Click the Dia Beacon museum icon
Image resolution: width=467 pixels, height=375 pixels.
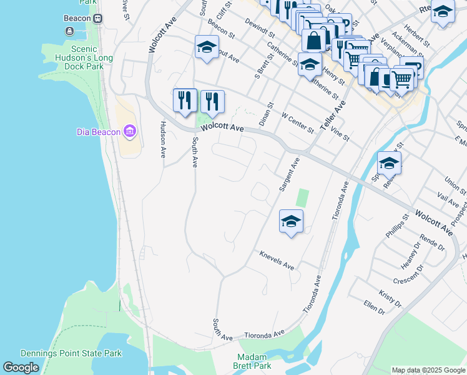130,131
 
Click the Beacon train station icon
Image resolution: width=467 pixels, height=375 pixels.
98,18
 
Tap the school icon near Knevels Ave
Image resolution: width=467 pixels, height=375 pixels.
291,221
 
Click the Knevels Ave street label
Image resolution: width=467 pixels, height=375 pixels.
277,262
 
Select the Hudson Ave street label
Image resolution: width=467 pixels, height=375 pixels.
162,139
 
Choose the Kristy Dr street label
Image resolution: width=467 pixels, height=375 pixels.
390,298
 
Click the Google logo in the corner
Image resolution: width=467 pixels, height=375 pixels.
21,367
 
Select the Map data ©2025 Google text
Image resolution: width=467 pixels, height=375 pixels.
429,370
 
